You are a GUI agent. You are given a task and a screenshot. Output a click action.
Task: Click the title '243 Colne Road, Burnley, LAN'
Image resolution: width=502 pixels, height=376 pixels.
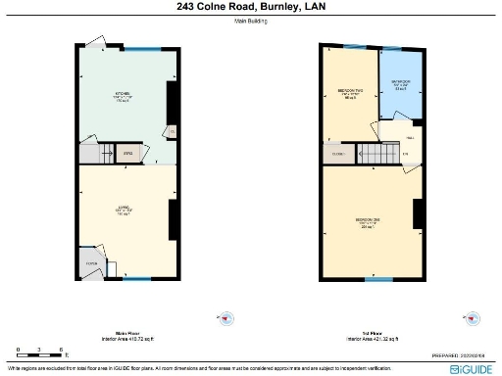coord(250,7)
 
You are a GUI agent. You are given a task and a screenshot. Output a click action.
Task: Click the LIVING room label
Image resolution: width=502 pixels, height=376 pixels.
coord(124,210)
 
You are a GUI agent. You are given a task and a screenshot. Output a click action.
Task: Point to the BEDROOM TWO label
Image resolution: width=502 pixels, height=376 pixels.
coord(349,94)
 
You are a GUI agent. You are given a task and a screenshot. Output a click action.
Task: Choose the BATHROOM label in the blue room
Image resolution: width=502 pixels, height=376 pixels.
coord(401,84)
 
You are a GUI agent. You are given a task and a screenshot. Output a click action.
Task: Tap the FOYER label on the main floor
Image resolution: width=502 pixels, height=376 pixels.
coord(92,262)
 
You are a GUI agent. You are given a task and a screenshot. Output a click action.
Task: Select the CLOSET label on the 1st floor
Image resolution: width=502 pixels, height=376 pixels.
coord(338,155)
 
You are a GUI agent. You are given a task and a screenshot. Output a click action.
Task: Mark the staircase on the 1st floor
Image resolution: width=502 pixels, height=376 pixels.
coord(374,154)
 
